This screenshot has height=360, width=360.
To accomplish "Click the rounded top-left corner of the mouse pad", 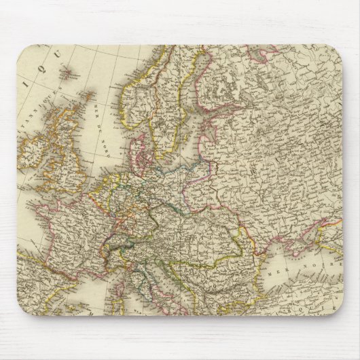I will click(x=22, y=50).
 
